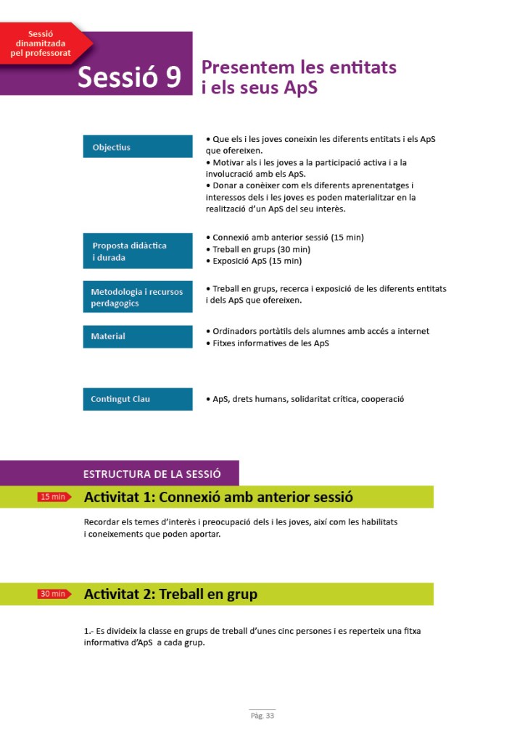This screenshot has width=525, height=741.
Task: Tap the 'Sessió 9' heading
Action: (130, 78)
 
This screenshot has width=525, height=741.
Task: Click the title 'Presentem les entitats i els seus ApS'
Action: (299, 77)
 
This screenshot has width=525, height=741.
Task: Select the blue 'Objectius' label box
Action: (137, 147)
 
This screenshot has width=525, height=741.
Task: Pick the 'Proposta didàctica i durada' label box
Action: (137, 251)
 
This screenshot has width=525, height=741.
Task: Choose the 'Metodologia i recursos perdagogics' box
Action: (137, 297)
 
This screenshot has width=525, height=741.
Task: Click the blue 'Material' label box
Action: (137, 336)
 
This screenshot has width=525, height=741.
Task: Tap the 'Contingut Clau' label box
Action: (137, 399)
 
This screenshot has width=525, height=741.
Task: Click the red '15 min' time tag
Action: (54, 497)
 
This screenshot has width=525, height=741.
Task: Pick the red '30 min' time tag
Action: (54, 594)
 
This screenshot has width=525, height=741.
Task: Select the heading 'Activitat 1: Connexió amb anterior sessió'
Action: (218, 498)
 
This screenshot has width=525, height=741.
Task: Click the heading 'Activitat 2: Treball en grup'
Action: (170, 595)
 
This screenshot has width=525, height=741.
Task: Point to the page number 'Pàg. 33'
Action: (262, 716)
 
